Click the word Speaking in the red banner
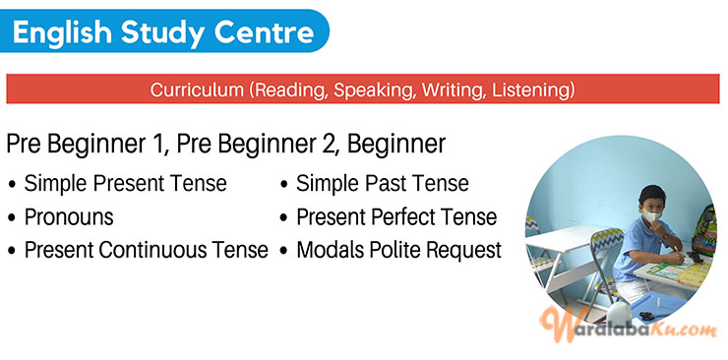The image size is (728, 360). [x=374, y=90]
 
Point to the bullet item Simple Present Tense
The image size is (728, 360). [x=125, y=184]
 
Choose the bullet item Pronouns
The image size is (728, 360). [x=69, y=216]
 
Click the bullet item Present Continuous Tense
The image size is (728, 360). [x=146, y=250]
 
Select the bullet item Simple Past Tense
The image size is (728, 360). [x=382, y=184]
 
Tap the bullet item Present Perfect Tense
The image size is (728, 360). [x=395, y=216]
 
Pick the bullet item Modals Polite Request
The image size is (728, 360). [x=398, y=250]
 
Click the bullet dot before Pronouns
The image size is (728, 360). [x=12, y=217]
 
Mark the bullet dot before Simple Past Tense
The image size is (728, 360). [x=283, y=185]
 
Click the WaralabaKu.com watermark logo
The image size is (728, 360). [x=630, y=327]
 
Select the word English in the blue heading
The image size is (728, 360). [x=61, y=33]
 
